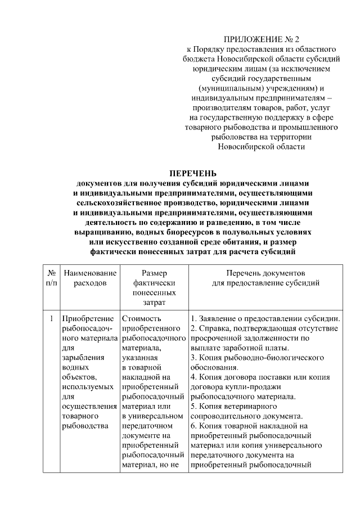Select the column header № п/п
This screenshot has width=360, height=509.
click(51, 277)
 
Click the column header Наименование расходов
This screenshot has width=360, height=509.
click(90, 277)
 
